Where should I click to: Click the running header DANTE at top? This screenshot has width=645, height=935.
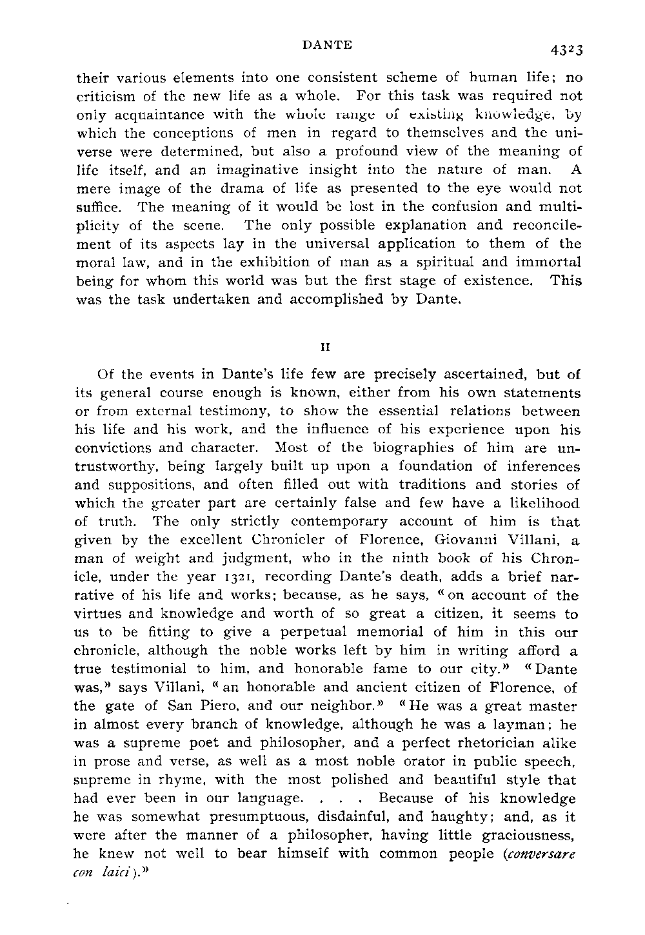pyautogui.click(x=328, y=44)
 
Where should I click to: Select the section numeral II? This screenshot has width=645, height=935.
pyautogui.click(x=326, y=346)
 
